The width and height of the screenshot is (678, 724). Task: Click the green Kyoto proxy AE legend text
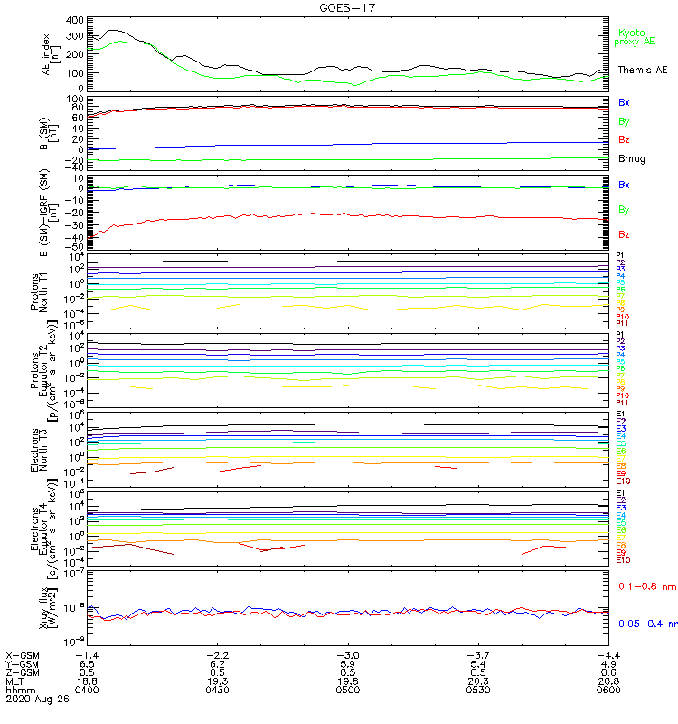[x=635, y=37]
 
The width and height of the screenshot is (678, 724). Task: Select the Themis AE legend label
[x=643, y=70]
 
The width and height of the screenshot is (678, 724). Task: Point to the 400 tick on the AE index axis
[x=75, y=20]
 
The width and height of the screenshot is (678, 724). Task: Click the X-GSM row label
[x=24, y=655]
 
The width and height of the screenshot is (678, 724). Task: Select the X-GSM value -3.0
[x=348, y=655]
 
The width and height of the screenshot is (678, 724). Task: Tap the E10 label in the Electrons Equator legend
[x=623, y=560]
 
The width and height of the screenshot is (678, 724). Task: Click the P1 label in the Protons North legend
[x=620, y=256]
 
